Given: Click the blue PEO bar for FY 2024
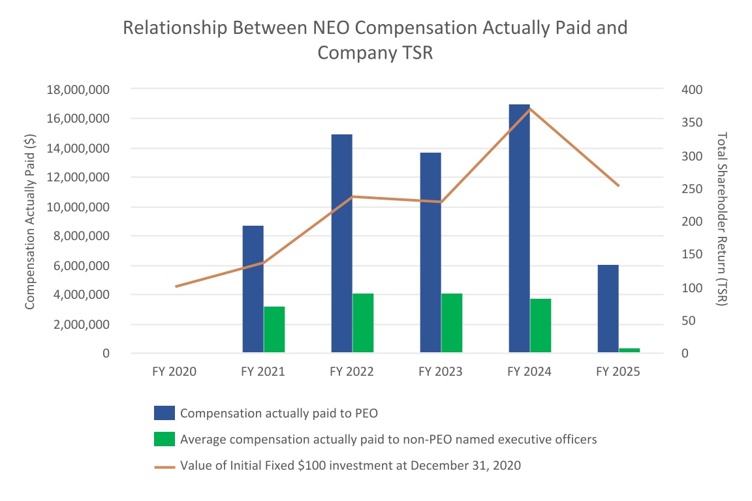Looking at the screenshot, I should (x=519, y=228).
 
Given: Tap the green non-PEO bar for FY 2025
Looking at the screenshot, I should (x=629, y=351).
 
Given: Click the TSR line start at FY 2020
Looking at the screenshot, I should (x=176, y=286).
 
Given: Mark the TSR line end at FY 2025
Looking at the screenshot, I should (x=618, y=186).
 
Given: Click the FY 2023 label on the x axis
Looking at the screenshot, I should (x=441, y=372).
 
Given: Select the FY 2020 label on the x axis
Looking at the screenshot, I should (x=174, y=372).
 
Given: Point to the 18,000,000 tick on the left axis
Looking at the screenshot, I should (x=78, y=89).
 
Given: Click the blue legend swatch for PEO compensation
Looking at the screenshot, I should (x=164, y=413).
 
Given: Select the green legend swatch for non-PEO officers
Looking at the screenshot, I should (x=164, y=439).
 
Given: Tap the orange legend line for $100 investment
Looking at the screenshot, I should (x=164, y=466).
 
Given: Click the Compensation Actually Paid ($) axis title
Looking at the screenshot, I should (x=29, y=221).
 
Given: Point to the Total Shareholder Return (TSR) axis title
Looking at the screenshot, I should (x=722, y=219).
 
